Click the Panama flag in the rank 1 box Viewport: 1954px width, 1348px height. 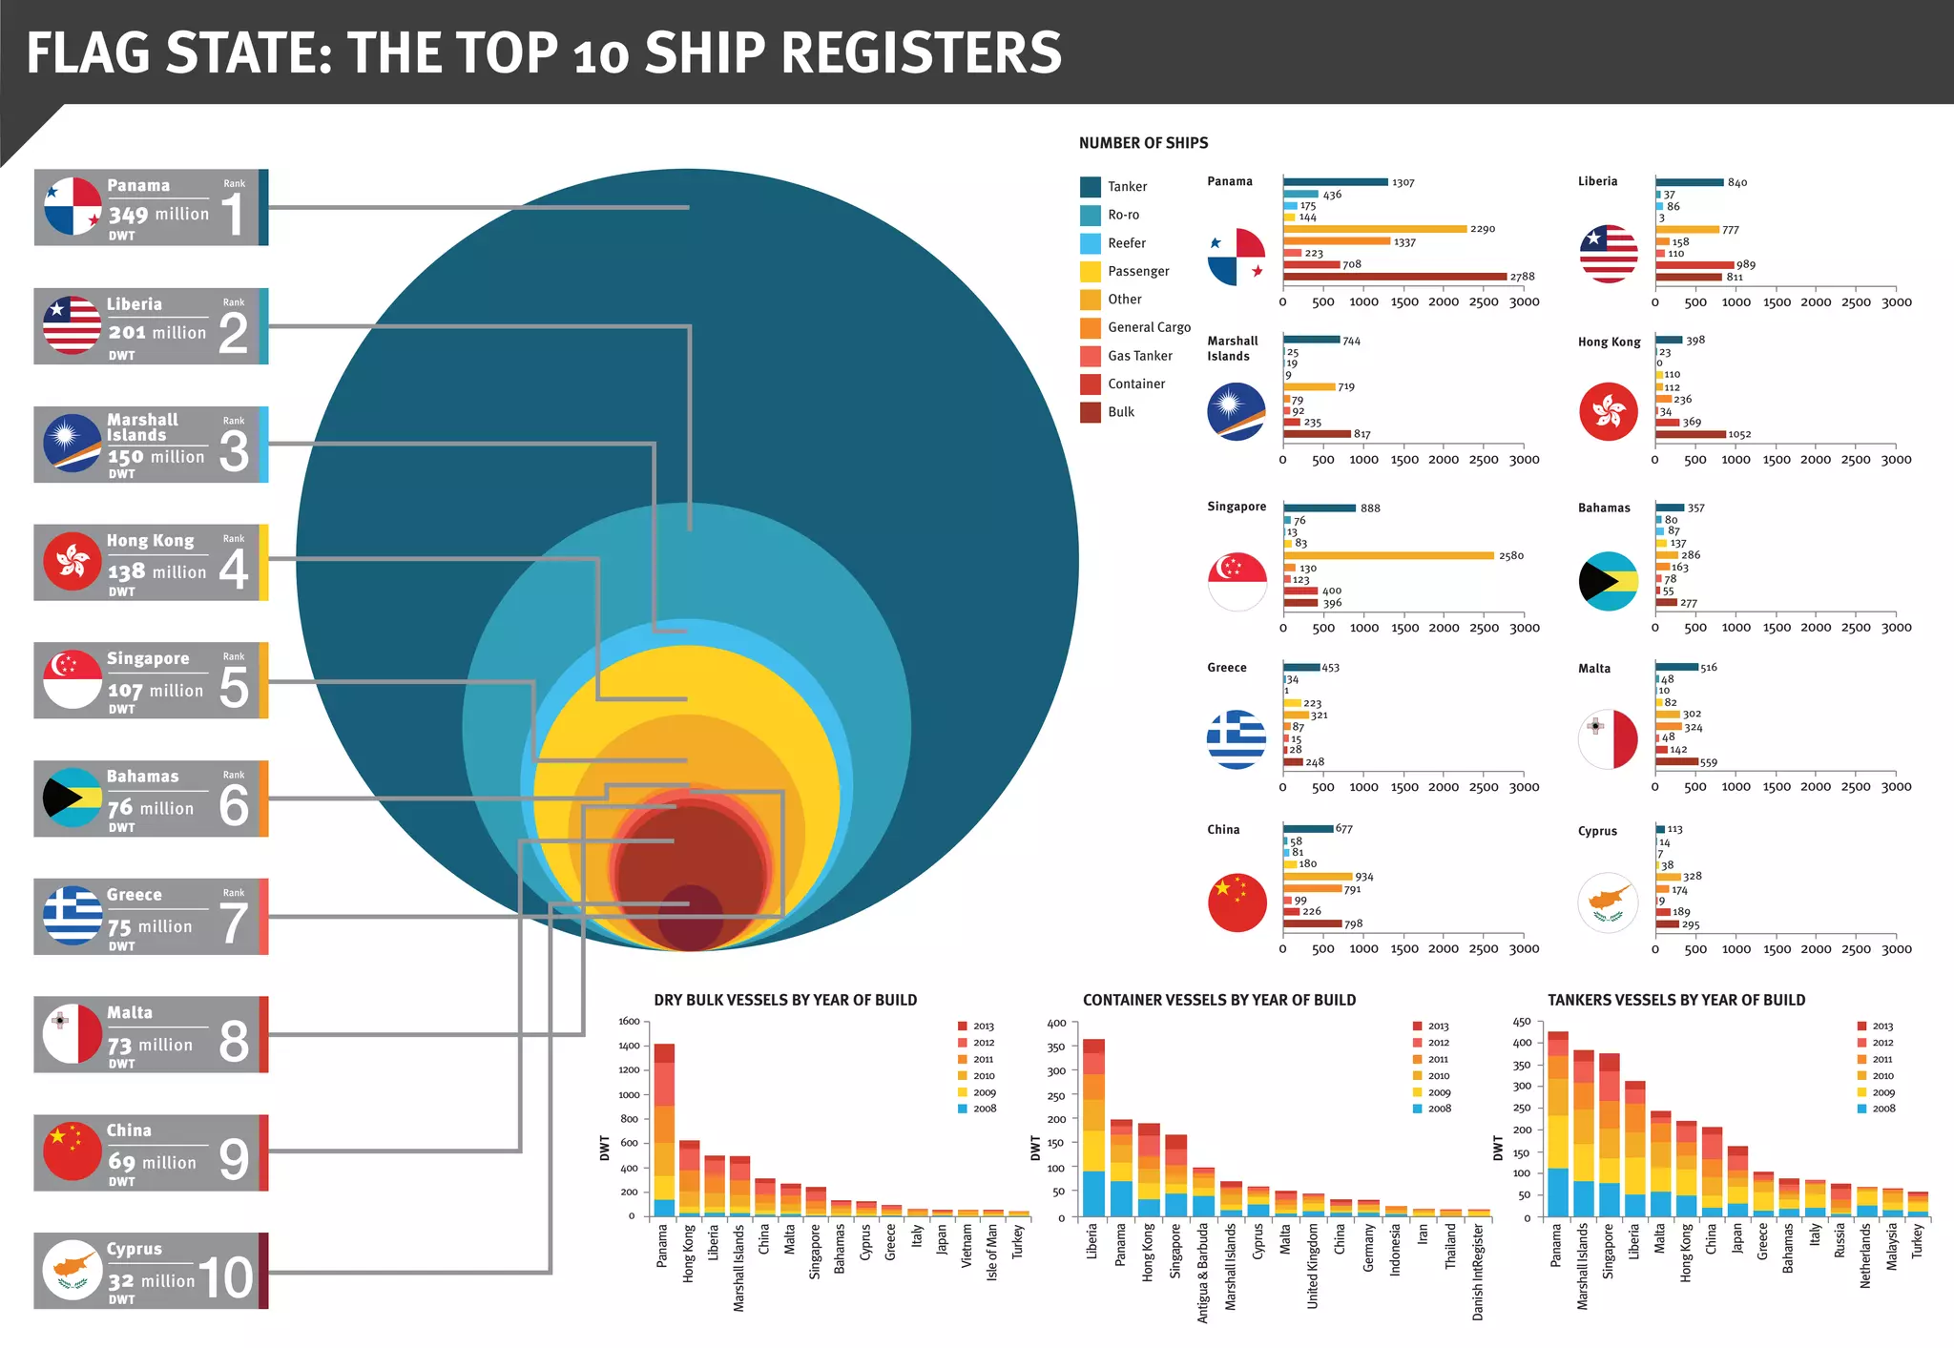(x=73, y=206)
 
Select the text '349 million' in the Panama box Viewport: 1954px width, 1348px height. (x=158, y=215)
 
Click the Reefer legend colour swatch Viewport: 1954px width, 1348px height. (x=1091, y=243)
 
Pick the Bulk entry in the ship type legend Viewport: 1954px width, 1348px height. (x=1120, y=412)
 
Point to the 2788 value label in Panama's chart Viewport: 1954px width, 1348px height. (x=1522, y=277)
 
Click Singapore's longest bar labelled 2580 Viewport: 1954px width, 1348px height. (x=1388, y=555)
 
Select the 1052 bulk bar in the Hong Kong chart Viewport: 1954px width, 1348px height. (x=1691, y=434)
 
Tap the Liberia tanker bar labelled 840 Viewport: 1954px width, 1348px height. (x=1690, y=182)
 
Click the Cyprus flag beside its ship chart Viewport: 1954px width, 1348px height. (x=1608, y=902)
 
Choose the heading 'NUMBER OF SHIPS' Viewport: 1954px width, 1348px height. (x=1143, y=143)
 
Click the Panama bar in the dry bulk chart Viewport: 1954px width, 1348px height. (x=664, y=1130)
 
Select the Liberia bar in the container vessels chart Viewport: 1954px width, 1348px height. (x=1093, y=1128)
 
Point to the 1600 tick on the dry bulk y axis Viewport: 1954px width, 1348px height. (x=629, y=1022)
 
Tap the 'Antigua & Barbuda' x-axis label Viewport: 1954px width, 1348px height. (x=1203, y=1273)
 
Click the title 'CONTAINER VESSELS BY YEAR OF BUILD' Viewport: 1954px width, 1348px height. (x=1218, y=1000)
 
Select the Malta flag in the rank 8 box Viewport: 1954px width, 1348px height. (x=73, y=1034)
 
